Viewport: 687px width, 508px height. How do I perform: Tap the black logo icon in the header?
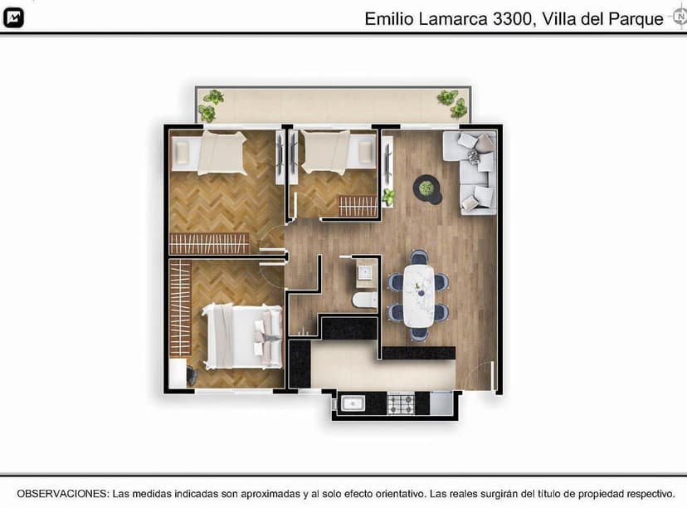tap(13, 18)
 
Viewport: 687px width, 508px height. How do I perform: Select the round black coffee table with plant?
tap(427, 189)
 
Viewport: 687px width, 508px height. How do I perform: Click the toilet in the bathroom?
tap(364, 300)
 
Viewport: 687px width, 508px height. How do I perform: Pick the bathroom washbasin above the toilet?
tap(365, 271)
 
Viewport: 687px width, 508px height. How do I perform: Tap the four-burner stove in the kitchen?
tap(400, 403)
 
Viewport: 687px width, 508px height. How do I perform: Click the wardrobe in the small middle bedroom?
tap(358, 205)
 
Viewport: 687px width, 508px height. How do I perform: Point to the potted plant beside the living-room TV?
tap(387, 197)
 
